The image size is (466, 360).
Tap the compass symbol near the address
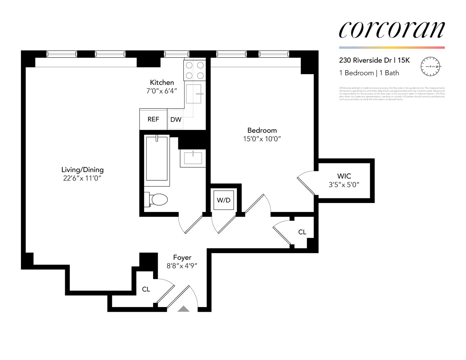(431, 67)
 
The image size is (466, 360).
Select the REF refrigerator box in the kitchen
(153, 119)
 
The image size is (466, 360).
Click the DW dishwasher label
(176, 120)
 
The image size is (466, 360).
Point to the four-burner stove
(194, 70)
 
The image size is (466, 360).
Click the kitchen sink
(194, 94)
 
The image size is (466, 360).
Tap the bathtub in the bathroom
(157, 159)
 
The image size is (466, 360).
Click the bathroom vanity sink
(193, 158)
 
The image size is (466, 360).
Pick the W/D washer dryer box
(224, 200)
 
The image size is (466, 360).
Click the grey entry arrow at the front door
(184, 309)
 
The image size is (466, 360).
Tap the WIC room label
(344, 176)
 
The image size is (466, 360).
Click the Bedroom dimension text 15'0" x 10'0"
(262, 139)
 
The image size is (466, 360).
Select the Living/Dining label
(82, 170)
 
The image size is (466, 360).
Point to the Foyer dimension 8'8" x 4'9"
(182, 266)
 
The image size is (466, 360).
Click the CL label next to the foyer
(146, 289)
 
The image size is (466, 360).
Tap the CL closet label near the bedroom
(302, 232)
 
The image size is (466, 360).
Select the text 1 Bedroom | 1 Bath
(369, 73)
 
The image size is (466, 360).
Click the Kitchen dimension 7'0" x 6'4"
(162, 91)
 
